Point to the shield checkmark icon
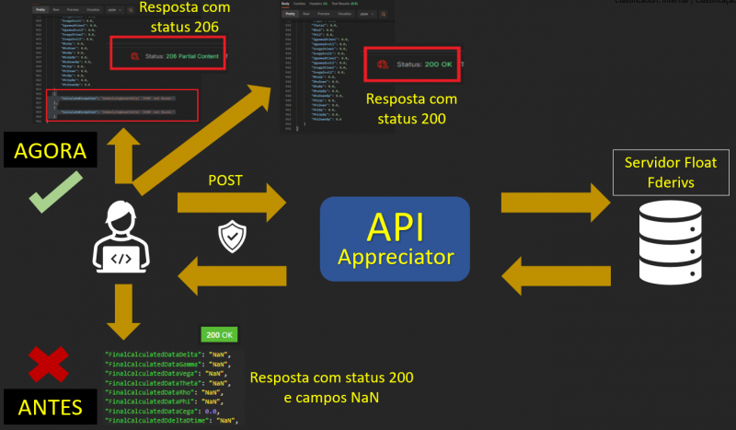(230, 237)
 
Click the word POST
(226, 180)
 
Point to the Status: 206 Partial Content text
(176, 57)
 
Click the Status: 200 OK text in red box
(426, 65)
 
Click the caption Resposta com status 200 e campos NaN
(331, 388)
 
